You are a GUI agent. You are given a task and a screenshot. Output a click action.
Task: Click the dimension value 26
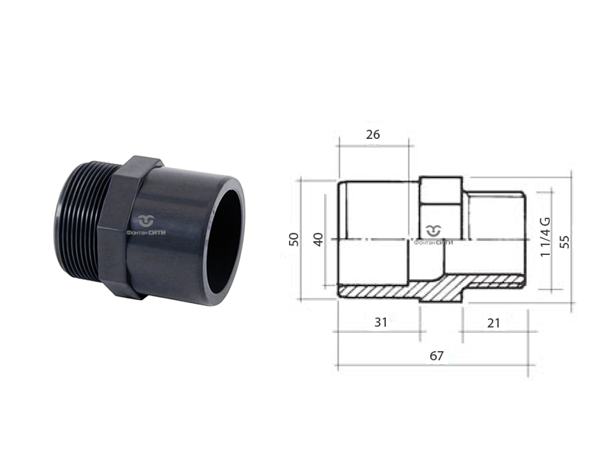pyautogui.click(x=373, y=135)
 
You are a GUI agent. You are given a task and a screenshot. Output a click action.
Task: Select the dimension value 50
pyautogui.click(x=294, y=239)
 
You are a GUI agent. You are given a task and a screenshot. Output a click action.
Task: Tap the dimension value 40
pyautogui.click(x=318, y=239)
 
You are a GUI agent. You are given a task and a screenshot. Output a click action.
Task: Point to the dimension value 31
pyautogui.click(x=380, y=322)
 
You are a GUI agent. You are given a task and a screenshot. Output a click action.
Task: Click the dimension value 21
pyautogui.click(x=493, y=323)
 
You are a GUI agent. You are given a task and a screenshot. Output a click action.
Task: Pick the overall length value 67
pyautogui.click(x=436, y=356)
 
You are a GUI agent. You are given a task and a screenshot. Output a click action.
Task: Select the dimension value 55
pyautogui.click(x=565, y=241)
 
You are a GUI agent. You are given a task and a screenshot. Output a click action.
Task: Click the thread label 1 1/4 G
pyautogui.click(x=546, y=237)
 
